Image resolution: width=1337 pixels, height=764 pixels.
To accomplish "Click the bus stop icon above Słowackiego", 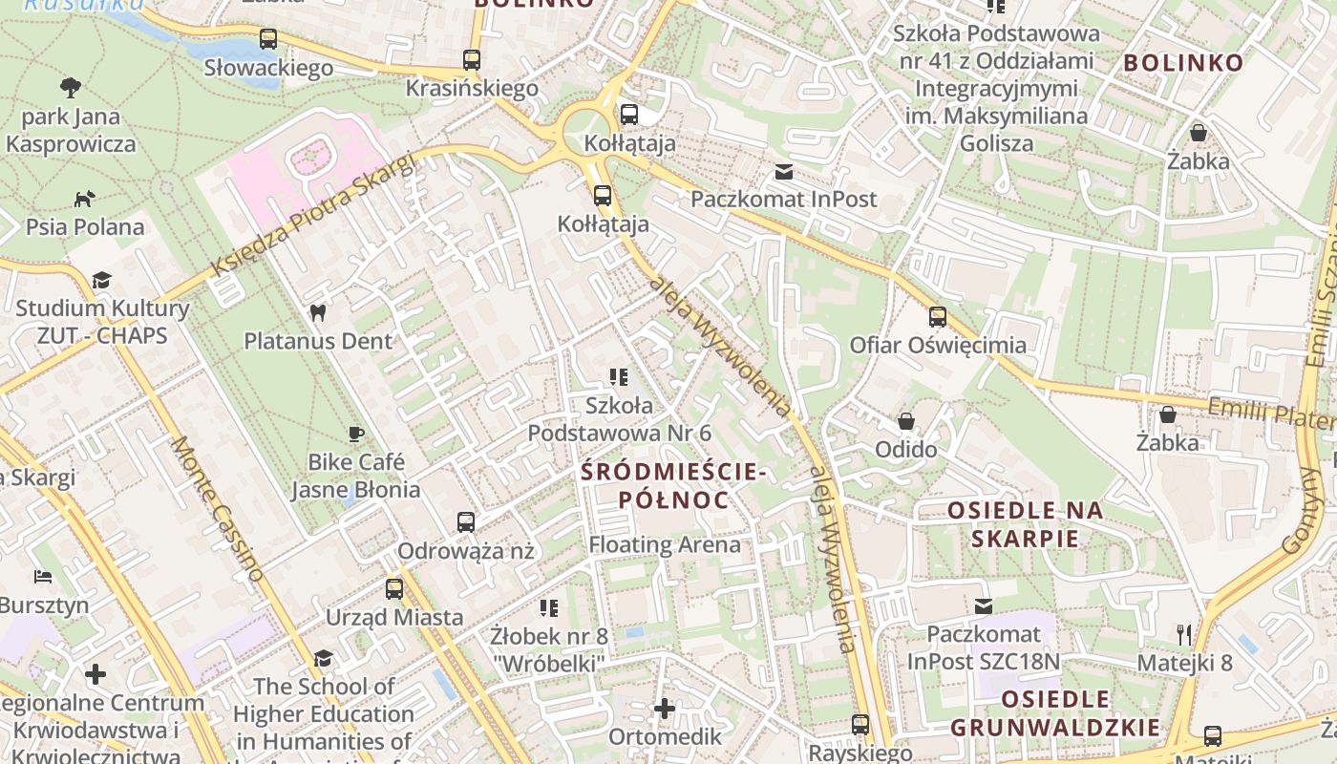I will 268,39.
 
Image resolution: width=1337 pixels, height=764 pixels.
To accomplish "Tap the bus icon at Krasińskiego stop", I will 472,59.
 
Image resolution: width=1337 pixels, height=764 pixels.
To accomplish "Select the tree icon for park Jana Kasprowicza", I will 71,89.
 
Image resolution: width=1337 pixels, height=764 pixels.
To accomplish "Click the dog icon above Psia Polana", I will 85,199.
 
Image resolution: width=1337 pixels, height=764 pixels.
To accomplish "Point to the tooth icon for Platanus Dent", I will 318,312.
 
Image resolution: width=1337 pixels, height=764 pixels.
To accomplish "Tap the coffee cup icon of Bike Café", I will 356,435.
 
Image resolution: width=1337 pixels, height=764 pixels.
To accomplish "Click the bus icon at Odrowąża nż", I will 466,522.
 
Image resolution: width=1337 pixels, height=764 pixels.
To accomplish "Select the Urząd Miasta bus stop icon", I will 394,589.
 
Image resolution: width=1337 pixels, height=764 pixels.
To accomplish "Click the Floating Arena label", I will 665,545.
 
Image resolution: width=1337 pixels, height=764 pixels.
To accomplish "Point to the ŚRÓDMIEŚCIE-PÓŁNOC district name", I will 673,485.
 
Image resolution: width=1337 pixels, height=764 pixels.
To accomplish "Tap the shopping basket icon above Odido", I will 906,421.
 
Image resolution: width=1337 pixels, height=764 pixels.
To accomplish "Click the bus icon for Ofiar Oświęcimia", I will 938,317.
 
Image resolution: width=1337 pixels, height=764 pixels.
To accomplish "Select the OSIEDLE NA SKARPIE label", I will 1026,524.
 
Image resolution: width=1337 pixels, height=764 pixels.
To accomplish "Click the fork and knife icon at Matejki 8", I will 1185,634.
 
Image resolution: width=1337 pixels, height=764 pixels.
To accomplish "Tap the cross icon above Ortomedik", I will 665,709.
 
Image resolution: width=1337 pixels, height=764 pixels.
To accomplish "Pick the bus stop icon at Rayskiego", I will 860,725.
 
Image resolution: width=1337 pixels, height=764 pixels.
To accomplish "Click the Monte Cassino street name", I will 217,509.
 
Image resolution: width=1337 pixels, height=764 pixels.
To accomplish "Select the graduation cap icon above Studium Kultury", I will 101,280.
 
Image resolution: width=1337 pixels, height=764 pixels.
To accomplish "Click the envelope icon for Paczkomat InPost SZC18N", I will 984,605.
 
